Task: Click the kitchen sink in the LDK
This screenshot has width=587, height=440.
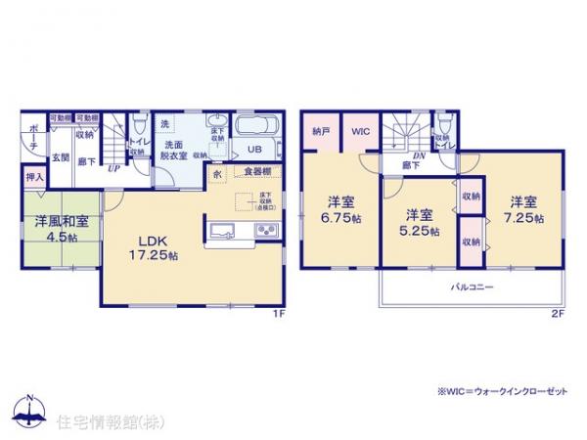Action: [x=220, y=231]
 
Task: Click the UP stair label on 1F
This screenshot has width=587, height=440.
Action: [x=114, y=168]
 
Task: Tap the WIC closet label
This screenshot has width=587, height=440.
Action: [x=360, y=131]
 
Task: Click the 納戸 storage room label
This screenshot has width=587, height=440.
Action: [x=320, y=131]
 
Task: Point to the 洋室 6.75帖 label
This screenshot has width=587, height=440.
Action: [x=339, y=212]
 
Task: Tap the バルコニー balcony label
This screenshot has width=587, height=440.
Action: [x=472, y=286]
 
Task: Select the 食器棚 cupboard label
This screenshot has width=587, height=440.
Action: [x=257, y=172]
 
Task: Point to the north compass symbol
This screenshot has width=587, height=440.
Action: [x=29, y=410]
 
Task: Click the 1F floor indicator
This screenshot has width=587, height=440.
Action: [x=277, y=314]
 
